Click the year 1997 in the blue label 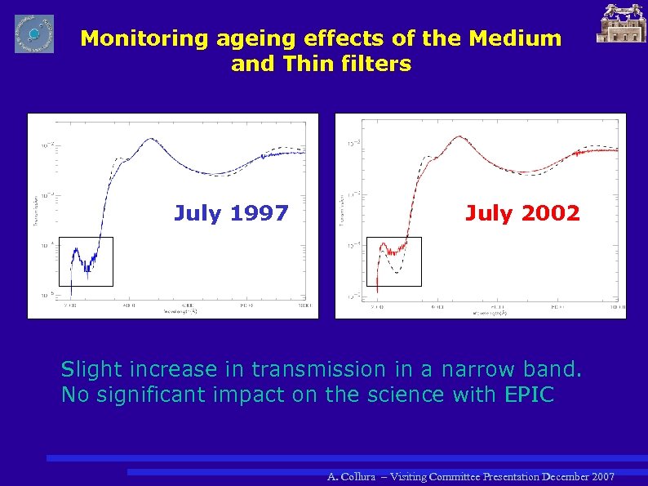(x=259, y=214)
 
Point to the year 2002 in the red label (x=550, y=214)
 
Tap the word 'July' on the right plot (x=489, y=214)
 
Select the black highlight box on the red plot (x=394, y=261)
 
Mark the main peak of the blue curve (x=151, y=140)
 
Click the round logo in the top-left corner (x=34, y=33)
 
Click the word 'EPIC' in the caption (x=530, y=395)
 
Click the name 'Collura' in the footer (x=362, y=476)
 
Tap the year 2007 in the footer (x=601, y=476)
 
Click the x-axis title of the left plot (x=180, y=311)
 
